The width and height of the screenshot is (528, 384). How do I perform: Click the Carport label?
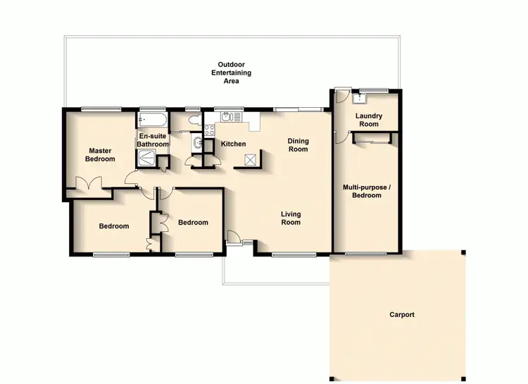pyautogui.click(x=402, y=315)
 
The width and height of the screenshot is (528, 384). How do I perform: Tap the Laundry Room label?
pyautogui.click(x=367, y=120)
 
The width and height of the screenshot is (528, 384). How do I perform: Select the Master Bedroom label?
pyautogui.click(x=100, y=154)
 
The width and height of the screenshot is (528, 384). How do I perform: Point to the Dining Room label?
pyautogui.click(x=298, y=145)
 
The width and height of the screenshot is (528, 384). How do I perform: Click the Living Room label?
pyautogui.click(x=291, y=218)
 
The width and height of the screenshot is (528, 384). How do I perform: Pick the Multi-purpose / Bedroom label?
pyautogui.click(x=367, y=191)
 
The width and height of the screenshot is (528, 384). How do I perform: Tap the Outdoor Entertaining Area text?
pyautogui.click(x=231, y=73)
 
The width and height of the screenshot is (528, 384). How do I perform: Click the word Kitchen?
pyautogui.click(x=234, y=144)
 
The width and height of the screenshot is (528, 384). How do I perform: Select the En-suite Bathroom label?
pyautogui.click(x=153, y=140)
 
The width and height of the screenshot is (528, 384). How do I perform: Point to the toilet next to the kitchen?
pyautogui.click(x=197, y=144)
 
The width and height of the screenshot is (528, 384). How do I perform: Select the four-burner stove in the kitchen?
pyautogui.click(x=209, y=130)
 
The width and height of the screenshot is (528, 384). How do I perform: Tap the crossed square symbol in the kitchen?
pyautogui.click(x=250, y=159)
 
